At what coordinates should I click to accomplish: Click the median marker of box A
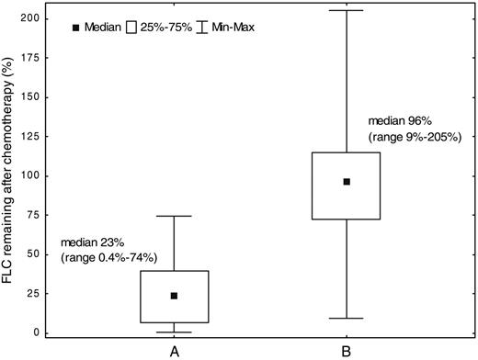(174, 296)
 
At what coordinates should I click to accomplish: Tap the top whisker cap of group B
(347, 10)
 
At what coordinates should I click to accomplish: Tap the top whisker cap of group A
(174, 216)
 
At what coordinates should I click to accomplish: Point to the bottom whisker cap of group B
(347, 318)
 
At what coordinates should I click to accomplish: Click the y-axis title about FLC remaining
(11, 174)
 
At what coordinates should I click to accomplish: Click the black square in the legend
(78, 28)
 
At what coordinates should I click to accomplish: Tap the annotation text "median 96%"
(396, 120)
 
